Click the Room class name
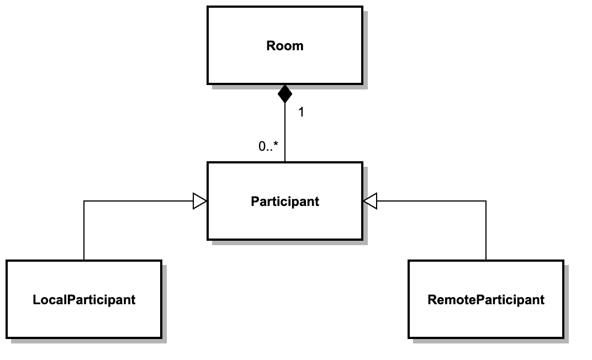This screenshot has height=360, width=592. click(x=285, y=45)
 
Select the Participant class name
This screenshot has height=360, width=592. click(x=285, y=202)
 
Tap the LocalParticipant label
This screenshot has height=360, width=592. click(x=84, y=300)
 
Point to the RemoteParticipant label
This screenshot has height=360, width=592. click(x=486, y=300)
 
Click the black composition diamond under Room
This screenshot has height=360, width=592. click(x=285, y=94)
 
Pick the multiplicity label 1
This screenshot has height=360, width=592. click(x=301, y=113)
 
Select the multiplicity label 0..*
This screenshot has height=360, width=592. click(x=268, y=147)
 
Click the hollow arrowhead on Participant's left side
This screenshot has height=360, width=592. click(x=200, y=202)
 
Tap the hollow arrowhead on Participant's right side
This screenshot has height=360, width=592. click(x=370, y=202)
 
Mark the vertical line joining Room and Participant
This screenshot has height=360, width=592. click(x=285, y=133)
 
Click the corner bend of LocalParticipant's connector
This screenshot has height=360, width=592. click(x=84, y=202)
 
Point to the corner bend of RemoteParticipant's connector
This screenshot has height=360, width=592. click(x=486, y=202)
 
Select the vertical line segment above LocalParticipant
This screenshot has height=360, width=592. click(x=84, y=232)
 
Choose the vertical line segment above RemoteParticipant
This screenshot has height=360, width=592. click(x=486, y=232)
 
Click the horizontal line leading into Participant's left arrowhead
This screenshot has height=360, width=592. click(x=138, y=202)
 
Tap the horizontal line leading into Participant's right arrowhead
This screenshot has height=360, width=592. click(x=431, y=202)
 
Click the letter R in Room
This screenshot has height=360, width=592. click(x=271, y=45)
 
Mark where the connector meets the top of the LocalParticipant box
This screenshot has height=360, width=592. click(x=84, y=261)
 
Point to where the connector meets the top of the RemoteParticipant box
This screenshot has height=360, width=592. click(x=486, y=261)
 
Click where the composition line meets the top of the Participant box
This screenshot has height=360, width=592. click(x=285, y=162)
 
